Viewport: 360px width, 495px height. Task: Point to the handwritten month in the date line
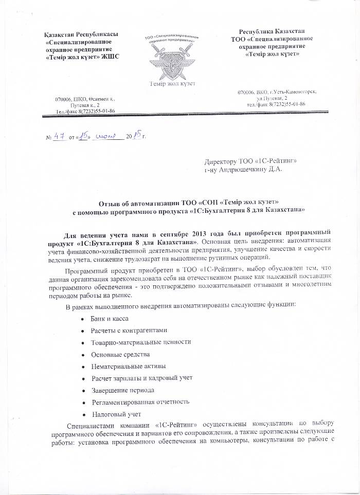(106, 136)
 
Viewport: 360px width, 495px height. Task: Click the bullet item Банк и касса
(108, 319)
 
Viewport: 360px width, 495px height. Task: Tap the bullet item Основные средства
(120, 354)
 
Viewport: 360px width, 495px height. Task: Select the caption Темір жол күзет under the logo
(172, 83)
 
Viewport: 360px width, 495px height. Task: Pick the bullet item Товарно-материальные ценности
(141, 342)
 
